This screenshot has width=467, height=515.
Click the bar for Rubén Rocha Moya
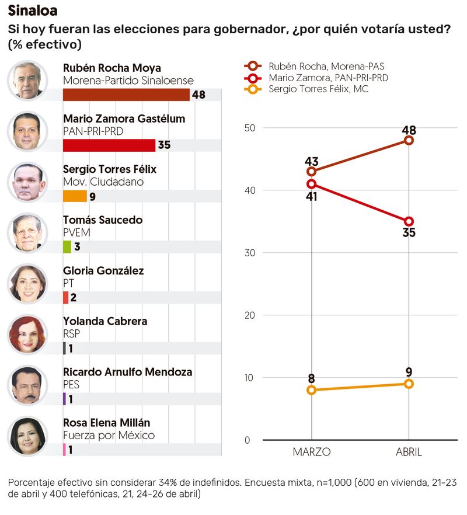[126, 95]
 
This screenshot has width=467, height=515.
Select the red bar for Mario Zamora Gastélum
[109, 145]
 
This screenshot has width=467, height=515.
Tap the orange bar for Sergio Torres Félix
[75, 196]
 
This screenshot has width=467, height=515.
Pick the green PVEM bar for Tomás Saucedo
[67, 246]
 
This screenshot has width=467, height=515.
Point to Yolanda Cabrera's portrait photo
[27, 335]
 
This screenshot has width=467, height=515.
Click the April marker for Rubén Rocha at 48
[409, 140]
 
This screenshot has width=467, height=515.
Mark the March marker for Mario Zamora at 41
[311, 184]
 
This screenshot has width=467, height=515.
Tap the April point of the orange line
[409, 384]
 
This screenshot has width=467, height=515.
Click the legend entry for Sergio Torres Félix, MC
[318, 89]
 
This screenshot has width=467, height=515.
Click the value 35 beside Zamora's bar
[164, 145]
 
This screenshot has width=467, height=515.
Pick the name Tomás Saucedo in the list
[102, 220]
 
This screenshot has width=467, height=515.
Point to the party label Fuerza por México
[109, 435]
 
